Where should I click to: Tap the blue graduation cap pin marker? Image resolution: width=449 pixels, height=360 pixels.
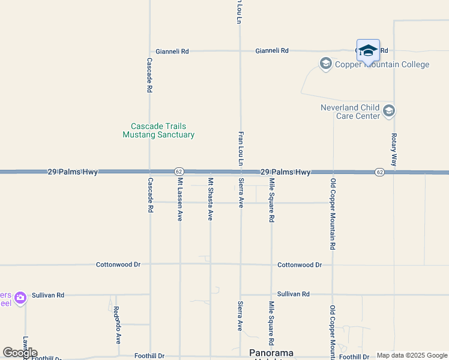[368, 51]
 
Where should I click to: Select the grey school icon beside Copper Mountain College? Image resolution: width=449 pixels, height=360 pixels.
[326, 64]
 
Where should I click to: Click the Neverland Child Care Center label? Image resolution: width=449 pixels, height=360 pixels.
[351, 112]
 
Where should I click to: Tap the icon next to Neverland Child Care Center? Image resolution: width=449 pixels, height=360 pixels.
[389, 111]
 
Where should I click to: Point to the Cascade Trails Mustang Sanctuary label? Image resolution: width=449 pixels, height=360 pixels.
[158, 130]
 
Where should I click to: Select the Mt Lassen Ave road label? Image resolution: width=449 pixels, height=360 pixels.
[179, 199]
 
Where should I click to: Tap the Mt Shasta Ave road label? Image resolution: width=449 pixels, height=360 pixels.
[210, 199]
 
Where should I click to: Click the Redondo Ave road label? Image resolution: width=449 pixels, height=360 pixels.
[116, 325]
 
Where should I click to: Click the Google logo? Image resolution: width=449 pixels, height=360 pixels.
[20, 353]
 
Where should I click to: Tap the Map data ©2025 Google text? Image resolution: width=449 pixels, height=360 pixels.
[411, 355]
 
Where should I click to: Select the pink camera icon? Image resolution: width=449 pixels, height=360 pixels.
[20, 298]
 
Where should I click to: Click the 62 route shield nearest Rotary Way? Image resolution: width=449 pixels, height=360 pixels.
[379, 172]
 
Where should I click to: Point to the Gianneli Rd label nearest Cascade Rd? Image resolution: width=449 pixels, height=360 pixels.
[172, 52]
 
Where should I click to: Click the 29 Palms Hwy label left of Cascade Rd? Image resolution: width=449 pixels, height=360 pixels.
[73, 172]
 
